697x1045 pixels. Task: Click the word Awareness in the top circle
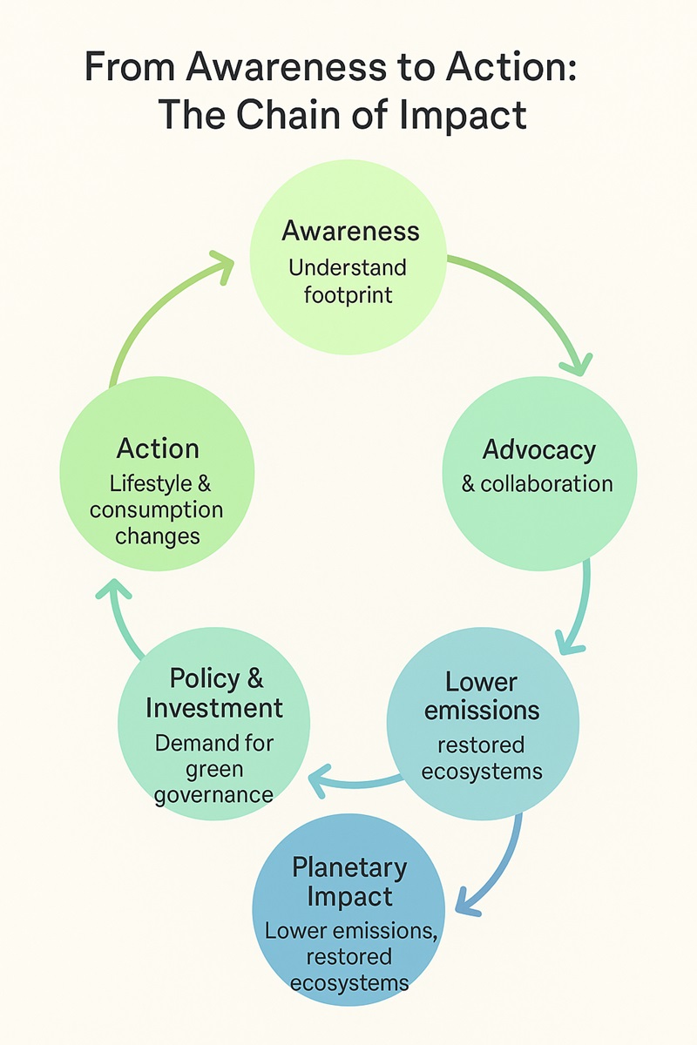[350, 231]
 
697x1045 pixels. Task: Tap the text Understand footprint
[348, 280]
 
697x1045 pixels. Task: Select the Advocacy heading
[539, 449]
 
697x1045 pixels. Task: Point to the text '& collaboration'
[538, 483]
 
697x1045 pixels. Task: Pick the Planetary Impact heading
[349, 881]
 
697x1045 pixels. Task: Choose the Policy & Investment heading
[215, 691]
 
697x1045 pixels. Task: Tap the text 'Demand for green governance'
[213, 769]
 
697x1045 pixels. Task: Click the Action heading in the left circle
[158, 448]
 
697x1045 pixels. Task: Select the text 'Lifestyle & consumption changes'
[157, 509]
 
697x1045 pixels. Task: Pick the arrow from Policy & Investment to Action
[122, 618]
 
